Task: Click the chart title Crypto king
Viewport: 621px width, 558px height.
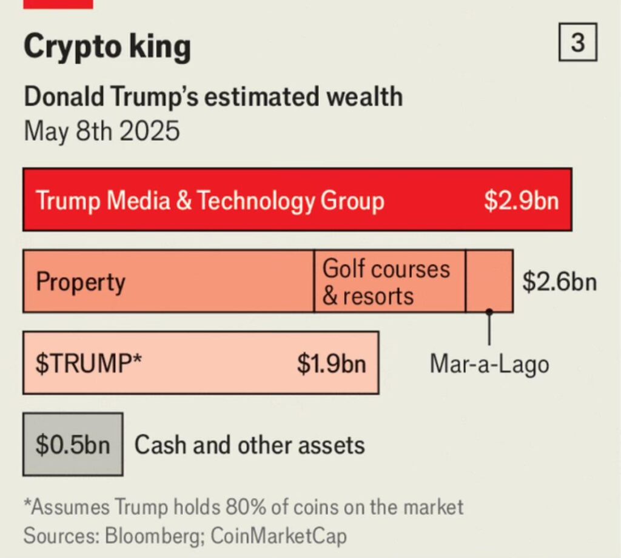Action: pyautogui.click(x=107, y=47)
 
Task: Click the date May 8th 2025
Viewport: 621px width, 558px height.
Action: pyautogui.click(x=102, y=130)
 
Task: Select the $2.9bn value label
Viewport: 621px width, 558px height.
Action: pyautogui.click(x=521, y=200)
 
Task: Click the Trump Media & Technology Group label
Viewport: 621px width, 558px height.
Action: pyautogui.click(x=210, y=200)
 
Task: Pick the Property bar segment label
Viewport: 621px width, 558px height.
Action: pyautogui.click(x=81, y=282)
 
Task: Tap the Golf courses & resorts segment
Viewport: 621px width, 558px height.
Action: pyautogui.click(x=387, y=282)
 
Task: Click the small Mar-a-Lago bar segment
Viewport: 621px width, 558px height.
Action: pyautogui.click(x=489, y=280)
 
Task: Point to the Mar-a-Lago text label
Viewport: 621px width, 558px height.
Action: pyautogui.click(x=489, y=364)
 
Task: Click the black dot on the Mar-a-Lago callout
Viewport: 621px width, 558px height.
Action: pyautogui.click(x=489, y=312)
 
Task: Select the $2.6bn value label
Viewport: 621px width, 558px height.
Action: pyautogui.click(x=559, y=282)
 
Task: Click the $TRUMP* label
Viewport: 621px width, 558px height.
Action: pyautogui.click(x=89, y=363)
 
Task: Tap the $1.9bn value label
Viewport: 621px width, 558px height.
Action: pyautogui.click(x=331, y=363)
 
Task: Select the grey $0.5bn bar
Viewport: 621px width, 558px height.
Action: pyautogui.click(x=73, y=445)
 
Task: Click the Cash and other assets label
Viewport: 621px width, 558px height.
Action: pyautogui.click(x=249, y=445)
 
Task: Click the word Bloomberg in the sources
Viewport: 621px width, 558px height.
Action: pyautogui.click(x=155, y=536)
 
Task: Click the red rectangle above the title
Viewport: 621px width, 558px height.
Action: pyautogui.click(x=58, y=4)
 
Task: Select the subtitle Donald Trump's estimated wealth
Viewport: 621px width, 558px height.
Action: pyautogui.click(x=213, y=97)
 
